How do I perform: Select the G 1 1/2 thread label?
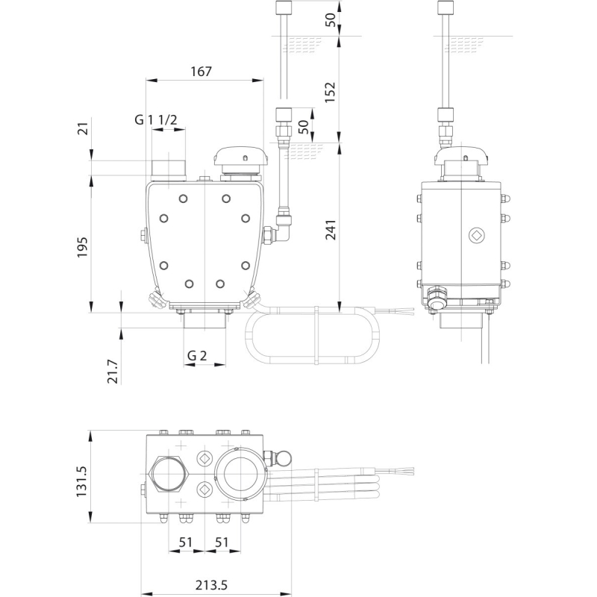(x=155, y=119)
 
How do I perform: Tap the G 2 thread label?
(x=197, y=355)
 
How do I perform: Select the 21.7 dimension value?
(x=113, y=371)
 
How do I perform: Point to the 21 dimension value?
(x=83, y=128)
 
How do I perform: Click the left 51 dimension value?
(x=186, y=542)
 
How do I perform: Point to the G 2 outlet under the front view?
(x=204, y=321)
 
